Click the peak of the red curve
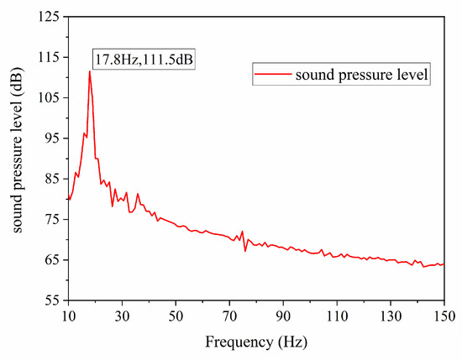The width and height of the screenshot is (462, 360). point(89,71)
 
